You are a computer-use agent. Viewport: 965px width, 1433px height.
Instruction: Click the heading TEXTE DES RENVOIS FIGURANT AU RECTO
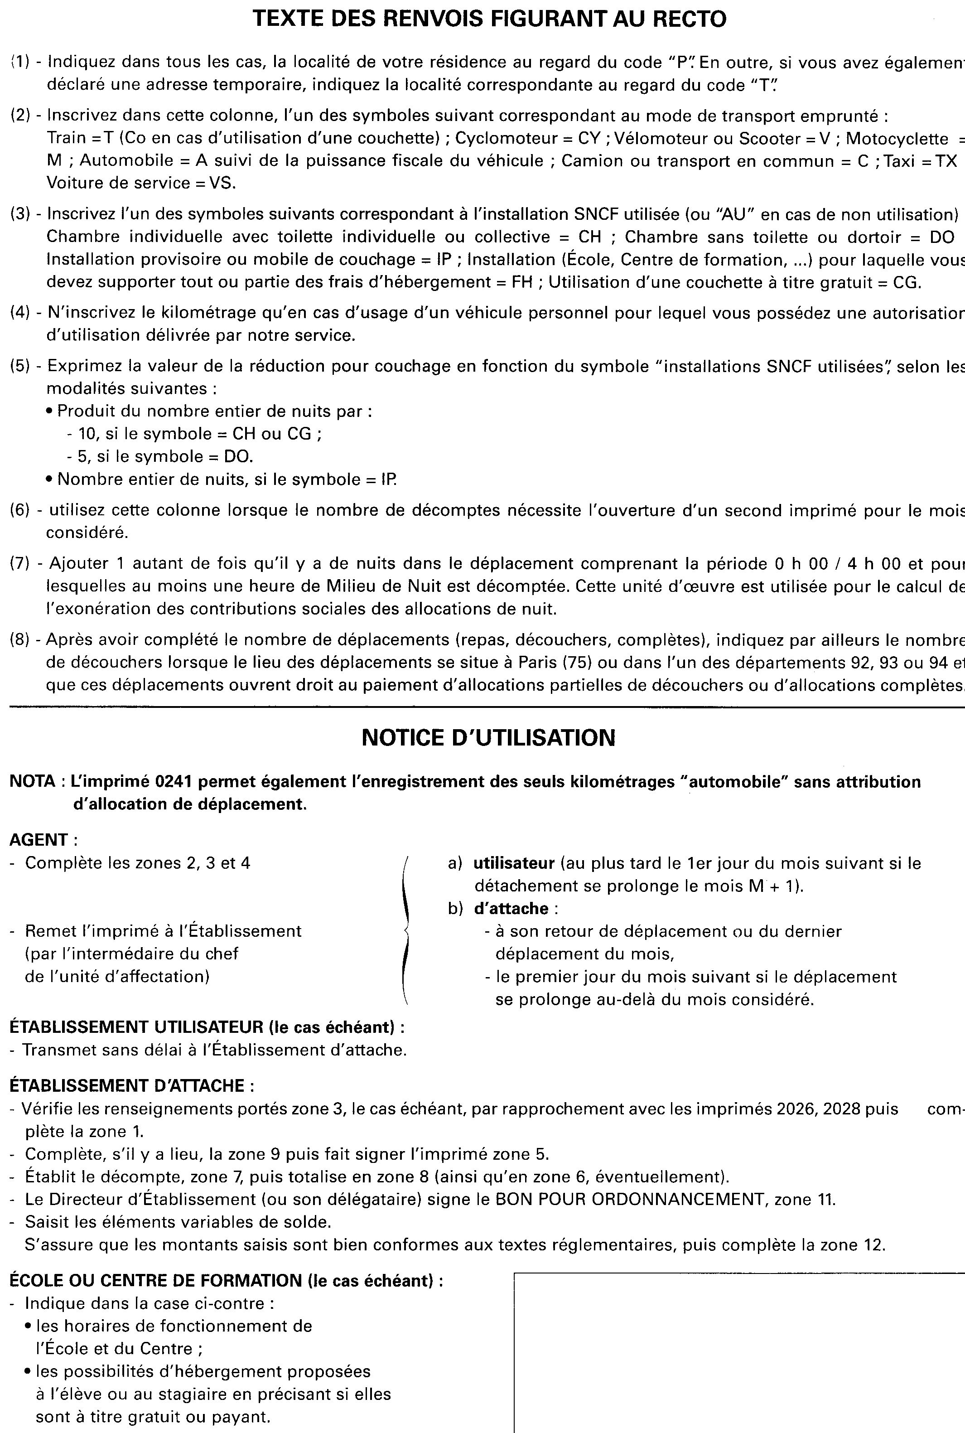click(x=489, y=19)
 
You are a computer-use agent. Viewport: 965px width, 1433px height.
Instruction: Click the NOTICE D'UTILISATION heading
click(x=488, y=737)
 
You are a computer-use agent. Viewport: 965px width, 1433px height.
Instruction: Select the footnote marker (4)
click(x=19, y=313)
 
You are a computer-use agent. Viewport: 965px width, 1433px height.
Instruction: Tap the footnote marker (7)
click(x=19, y=563)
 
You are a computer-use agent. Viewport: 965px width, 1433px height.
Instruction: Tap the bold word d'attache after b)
click(x=511, y=909)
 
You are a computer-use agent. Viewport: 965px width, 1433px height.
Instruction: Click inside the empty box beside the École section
click(x=738, y=1354)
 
